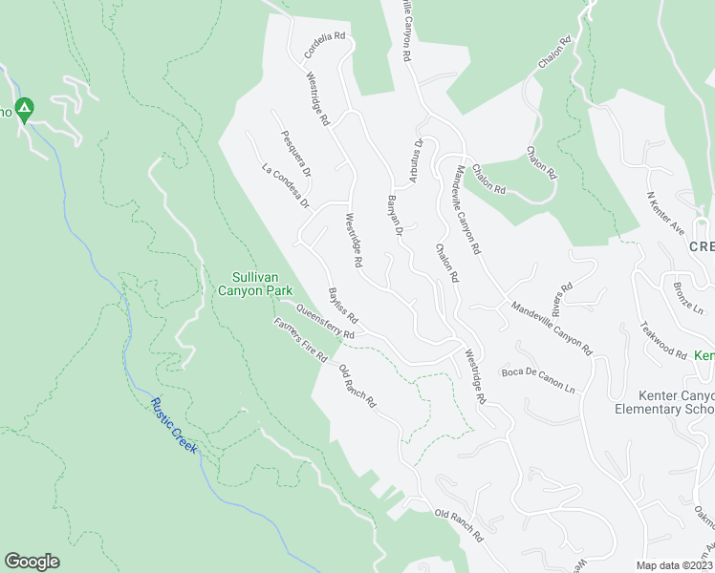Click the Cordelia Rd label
click(x=324, y=45)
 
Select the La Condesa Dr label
click(x=286, y=186)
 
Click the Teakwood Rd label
click(x=665, y=339)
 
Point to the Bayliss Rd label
click(x=342, y=305)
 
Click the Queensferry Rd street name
click(x=325, y=322)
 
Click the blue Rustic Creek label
click(x=173, y=424)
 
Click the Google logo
click(x=32, y=562)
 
